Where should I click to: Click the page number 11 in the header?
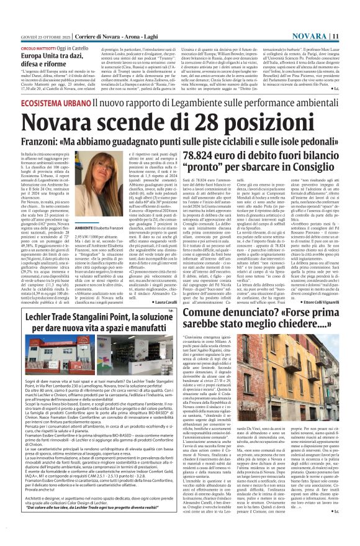pos(352,6)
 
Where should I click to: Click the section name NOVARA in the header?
pos(326,6)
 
